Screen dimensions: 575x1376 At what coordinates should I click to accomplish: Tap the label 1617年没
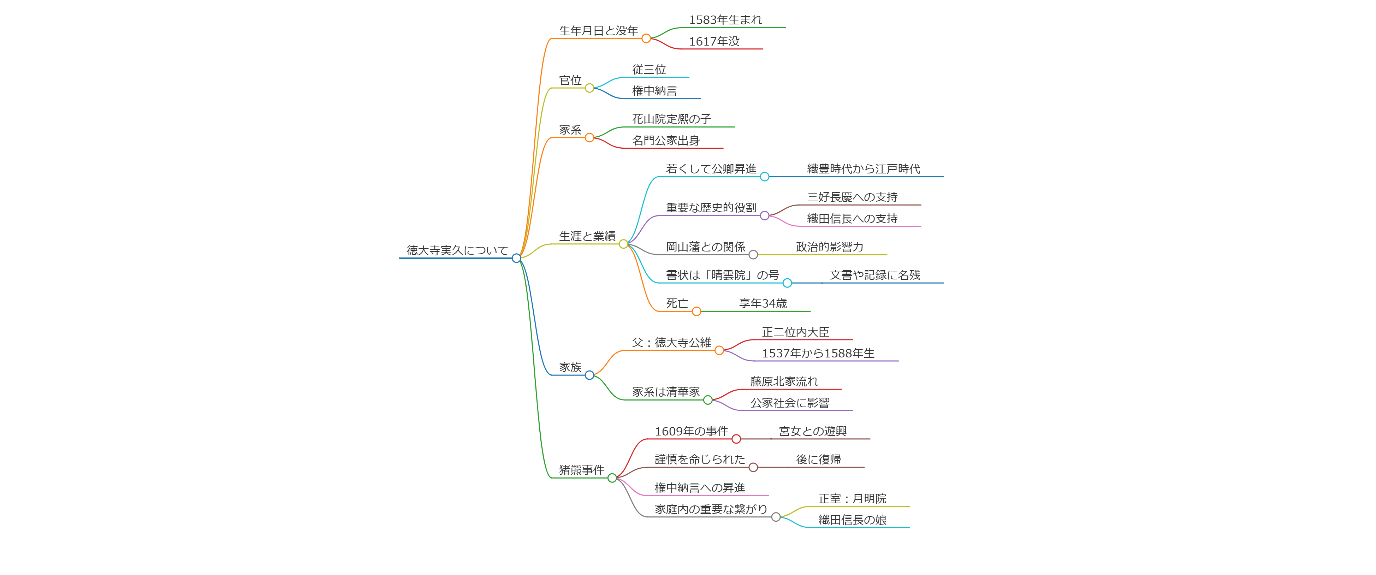pos(714,42)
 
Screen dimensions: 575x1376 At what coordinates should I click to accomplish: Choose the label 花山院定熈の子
pos(671,119)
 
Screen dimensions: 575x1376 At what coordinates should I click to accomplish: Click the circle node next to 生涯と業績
pos(623,244)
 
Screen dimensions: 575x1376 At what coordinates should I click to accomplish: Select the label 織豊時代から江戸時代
pos(863,169)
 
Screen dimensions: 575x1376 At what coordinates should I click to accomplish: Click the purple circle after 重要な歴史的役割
pos(764,216)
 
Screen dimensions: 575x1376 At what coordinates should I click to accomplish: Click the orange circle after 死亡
pos(696,312)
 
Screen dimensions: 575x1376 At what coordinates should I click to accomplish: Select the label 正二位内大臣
pos(795,332)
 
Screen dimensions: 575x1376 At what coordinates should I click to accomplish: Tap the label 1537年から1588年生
pos(818,353)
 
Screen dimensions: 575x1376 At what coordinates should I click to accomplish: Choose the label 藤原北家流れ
pos(784,381)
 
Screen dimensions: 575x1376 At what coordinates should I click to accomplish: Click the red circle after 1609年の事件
pos(736,439)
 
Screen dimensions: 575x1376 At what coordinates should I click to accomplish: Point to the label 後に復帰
pos(818,460)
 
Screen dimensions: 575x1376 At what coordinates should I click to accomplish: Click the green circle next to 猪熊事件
pos(612,478)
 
